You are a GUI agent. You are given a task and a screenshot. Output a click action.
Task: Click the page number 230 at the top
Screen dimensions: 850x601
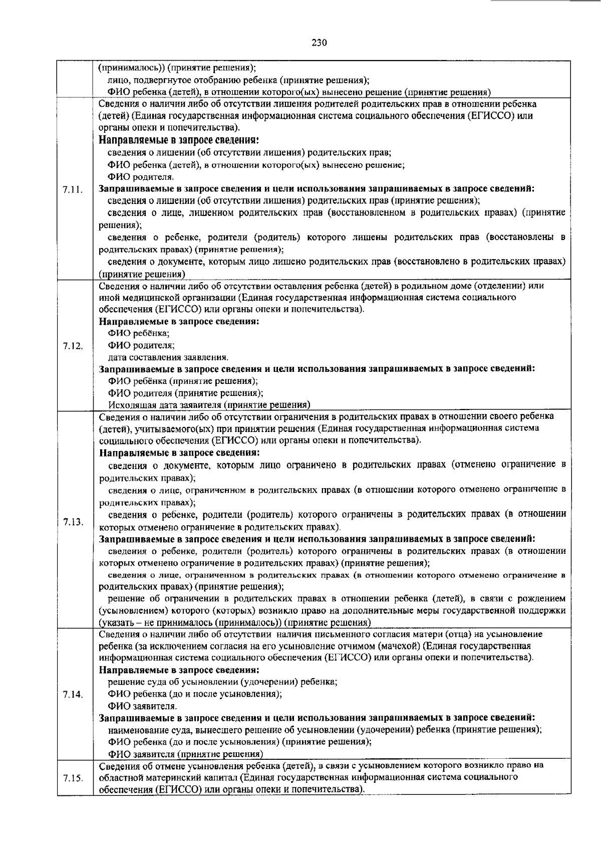pos(319,43)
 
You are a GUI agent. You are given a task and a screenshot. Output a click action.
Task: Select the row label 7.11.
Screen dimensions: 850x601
pos(73,189)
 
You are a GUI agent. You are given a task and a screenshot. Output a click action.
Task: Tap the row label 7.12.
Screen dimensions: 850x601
pos(73,346)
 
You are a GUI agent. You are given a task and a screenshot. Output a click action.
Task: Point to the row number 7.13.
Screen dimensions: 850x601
pos(73,522)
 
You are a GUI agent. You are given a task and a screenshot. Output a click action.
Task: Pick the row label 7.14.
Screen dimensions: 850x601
pos(73,695)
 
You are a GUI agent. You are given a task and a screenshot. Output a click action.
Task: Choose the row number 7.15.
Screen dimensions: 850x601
pos(73,778)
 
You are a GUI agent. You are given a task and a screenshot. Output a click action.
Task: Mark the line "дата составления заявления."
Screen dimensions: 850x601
pos(168,357)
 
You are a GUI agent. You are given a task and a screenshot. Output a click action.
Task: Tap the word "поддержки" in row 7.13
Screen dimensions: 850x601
pos(543,610)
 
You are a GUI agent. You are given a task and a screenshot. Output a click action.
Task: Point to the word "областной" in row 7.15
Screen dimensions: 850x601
pos(119,778)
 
